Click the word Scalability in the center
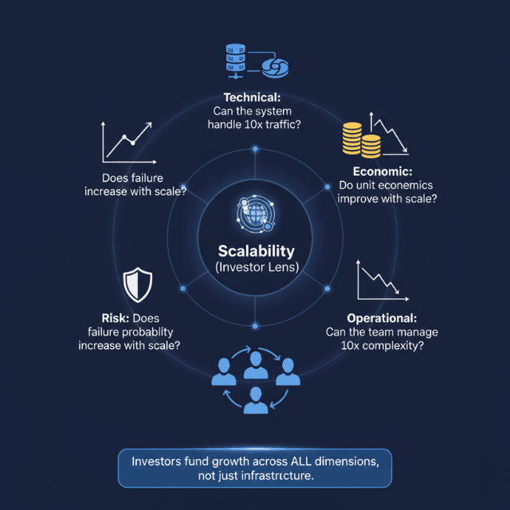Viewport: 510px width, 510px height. click(255, 249)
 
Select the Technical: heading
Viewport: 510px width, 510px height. click(254, 97)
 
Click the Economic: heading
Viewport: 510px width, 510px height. click(382, 171)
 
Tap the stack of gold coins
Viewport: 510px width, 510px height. click(360, 139)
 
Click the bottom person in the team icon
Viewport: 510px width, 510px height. click(256, 398)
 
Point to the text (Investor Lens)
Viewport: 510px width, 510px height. click(255, 268)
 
